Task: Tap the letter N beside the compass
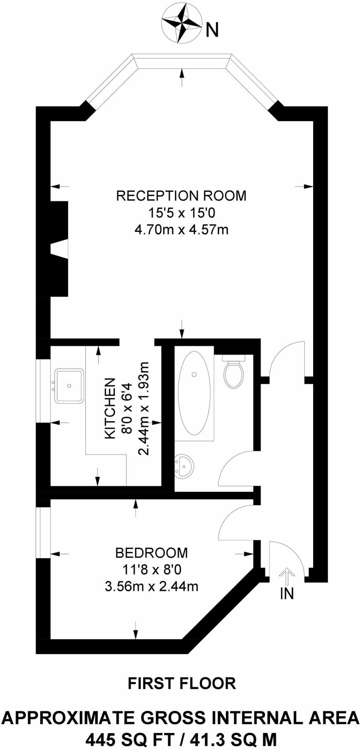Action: pos(212,30)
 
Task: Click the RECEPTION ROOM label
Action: pos(181,196)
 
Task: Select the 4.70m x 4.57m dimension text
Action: pos(181,230)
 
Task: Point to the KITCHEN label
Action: pos(110,408)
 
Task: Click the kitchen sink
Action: pos(69,386)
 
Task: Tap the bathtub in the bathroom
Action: pos(194,393)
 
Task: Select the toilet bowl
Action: pos(234,374)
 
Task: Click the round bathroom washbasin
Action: pos(184,467)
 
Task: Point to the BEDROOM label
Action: pos(151,553)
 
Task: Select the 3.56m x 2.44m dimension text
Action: pos(151,587)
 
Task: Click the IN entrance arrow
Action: pos(287,576)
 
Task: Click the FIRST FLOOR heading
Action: pos(182,683)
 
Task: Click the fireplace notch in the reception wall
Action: pos(60,249)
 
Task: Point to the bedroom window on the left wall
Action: pos(43,533)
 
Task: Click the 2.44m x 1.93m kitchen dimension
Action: pos(144,408)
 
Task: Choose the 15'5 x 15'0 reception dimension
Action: pos(181,213)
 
